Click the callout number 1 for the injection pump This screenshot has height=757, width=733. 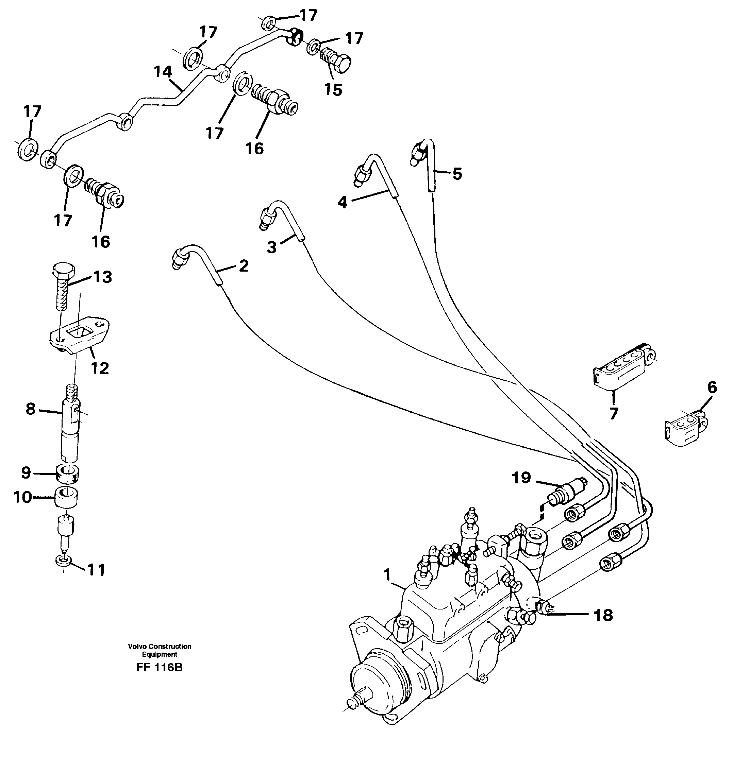coord(387,575)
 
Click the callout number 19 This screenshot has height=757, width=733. coord(521,478)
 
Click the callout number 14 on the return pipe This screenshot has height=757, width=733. coord(163,72)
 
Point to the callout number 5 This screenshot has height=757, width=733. coord(457,174)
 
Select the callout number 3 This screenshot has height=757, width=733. coord(272,247)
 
